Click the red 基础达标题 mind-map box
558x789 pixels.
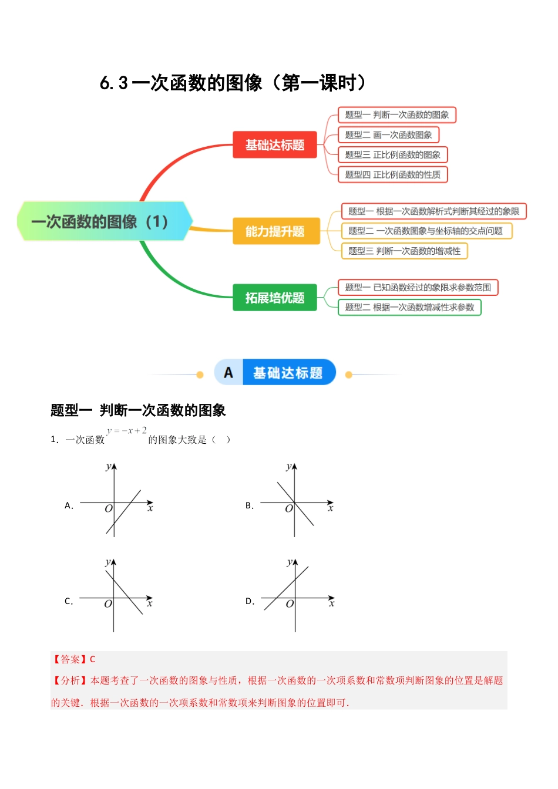point(275,145)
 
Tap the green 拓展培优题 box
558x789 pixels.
point(275,298)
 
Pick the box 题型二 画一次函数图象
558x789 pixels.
point(388,135)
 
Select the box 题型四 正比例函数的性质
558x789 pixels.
point(392,174)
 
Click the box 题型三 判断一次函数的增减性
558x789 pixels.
point(404,251)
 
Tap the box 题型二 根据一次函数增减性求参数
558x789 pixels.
point(409,307)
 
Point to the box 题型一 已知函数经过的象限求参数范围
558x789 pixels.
point(418,288)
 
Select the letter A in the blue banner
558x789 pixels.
point(228,373)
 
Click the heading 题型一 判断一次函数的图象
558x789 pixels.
point(138,410)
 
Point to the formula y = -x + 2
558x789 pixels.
point(127,431)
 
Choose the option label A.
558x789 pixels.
point(69,505)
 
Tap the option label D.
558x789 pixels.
point(250,601)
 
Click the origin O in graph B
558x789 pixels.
point(288,509)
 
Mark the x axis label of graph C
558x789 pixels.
point(150,603)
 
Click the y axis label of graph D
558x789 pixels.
point(289,562)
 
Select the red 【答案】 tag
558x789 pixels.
point(70,659)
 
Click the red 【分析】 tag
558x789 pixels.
point(70,680)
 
